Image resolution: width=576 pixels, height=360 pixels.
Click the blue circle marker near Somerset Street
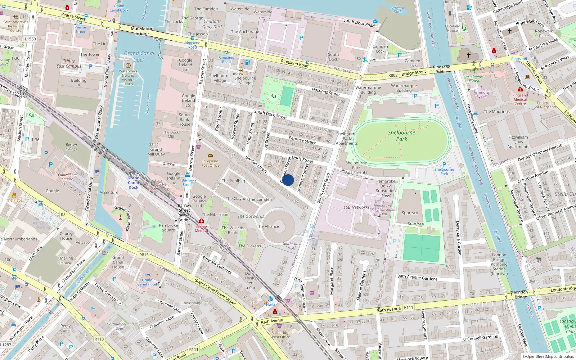pyautogui.click(x=288, y=180)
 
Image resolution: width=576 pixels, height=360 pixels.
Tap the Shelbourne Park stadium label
pyautogui.click(x=401, y=136)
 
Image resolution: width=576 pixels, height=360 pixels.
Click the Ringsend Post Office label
pyautogui.click(x=210, y=163)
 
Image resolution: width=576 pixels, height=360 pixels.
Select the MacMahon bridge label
pyautogui.click(x=142, y=31)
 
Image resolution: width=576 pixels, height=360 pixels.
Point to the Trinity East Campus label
pyautogui.click(x=69, y=64)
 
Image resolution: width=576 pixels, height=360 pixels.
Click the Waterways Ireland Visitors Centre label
pyautogui.click(x=128, y=77)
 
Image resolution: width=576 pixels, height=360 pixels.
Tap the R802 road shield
pyautogui.click(x=393, y=75)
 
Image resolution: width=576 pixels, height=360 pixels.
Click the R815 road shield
pyautogui.click(x=144, y=255)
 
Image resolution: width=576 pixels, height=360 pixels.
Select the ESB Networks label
pyautogui.click(x=356, y=207)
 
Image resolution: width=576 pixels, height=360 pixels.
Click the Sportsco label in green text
pyautogui.click(x=416, y=224)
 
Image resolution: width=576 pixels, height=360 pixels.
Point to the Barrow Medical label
pyautogui.click(x=201, y=228)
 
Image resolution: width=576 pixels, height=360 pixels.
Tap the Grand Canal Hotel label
pyautogui.click(x=147, y=282)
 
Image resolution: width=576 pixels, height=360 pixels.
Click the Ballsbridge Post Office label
pyautogui.click(x=281, y=335)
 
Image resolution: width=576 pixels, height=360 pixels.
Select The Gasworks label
pyautogui.click(x=251, y=216)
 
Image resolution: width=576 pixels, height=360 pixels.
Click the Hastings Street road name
pyautogui.click(x=325, y=92)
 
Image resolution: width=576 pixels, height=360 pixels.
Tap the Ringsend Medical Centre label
pyautogui.click(x=520, y=99)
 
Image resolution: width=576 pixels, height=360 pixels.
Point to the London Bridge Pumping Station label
pyautogui.click(x=499, y=264)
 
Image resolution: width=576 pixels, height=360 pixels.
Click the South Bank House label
pyautogui.click(x=184, y=120)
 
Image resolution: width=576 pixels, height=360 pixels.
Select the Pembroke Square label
pyautogui.click(x=168, y=228)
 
